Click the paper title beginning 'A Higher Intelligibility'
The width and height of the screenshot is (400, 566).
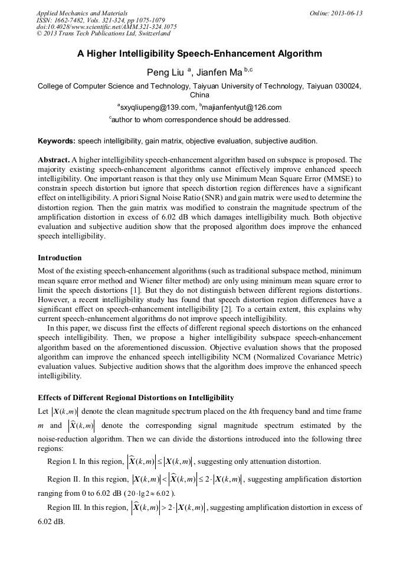pos(199,54)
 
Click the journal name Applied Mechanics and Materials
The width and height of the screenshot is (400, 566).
pos(82,13)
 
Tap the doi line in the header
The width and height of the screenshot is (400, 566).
pos(106,27)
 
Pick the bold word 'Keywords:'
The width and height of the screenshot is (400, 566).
pos(56,141)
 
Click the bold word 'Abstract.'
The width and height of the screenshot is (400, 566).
pos(54,160)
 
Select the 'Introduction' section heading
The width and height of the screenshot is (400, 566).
pos(60,258)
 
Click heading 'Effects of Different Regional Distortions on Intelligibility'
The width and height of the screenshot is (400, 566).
pos(136,397)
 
